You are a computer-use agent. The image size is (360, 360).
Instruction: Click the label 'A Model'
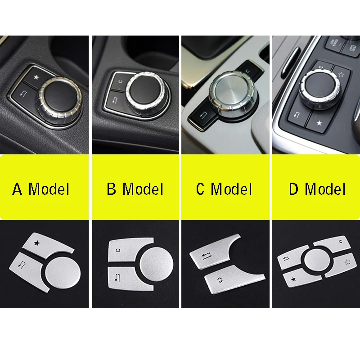[x=41, y=189]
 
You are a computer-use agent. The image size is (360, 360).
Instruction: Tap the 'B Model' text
[x=135, y=189]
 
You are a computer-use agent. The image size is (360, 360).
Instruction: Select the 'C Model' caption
[x=224, y=189]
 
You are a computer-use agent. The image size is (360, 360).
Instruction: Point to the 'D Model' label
[x=317, y=189]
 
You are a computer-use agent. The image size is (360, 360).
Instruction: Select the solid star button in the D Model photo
[x=320, y=122]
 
